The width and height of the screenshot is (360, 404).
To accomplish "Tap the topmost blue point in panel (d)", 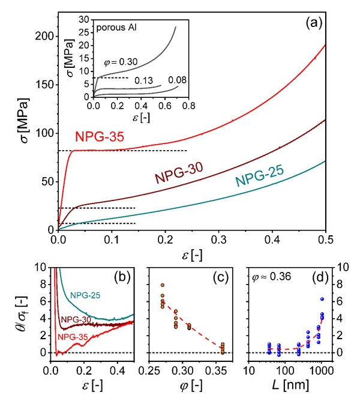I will pos(322,299).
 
